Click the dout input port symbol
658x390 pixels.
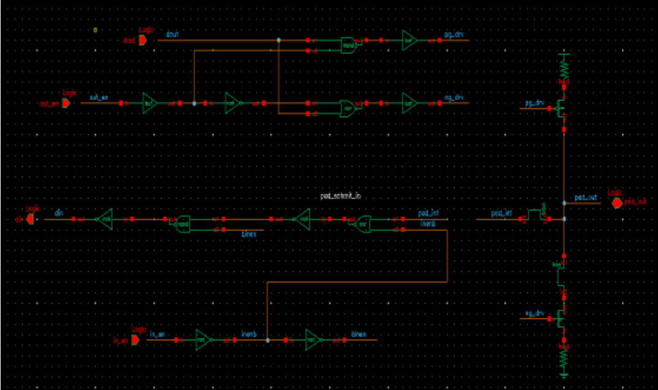point(142,40)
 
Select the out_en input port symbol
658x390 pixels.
point(66,103)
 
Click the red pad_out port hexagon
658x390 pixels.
point(617,203)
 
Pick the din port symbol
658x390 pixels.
point(29,219)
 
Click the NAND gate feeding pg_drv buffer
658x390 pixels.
point(349,44)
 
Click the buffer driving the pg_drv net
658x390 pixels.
point(409,40)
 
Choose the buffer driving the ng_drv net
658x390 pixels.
point(409,103)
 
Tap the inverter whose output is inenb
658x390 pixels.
point(204,340)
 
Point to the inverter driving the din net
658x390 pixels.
point(105,219)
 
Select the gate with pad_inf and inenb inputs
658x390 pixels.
point(363,223)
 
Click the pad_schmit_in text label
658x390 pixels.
point(341,196)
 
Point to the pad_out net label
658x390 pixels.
point(586,198)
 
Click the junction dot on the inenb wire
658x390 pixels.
point(268,340)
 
